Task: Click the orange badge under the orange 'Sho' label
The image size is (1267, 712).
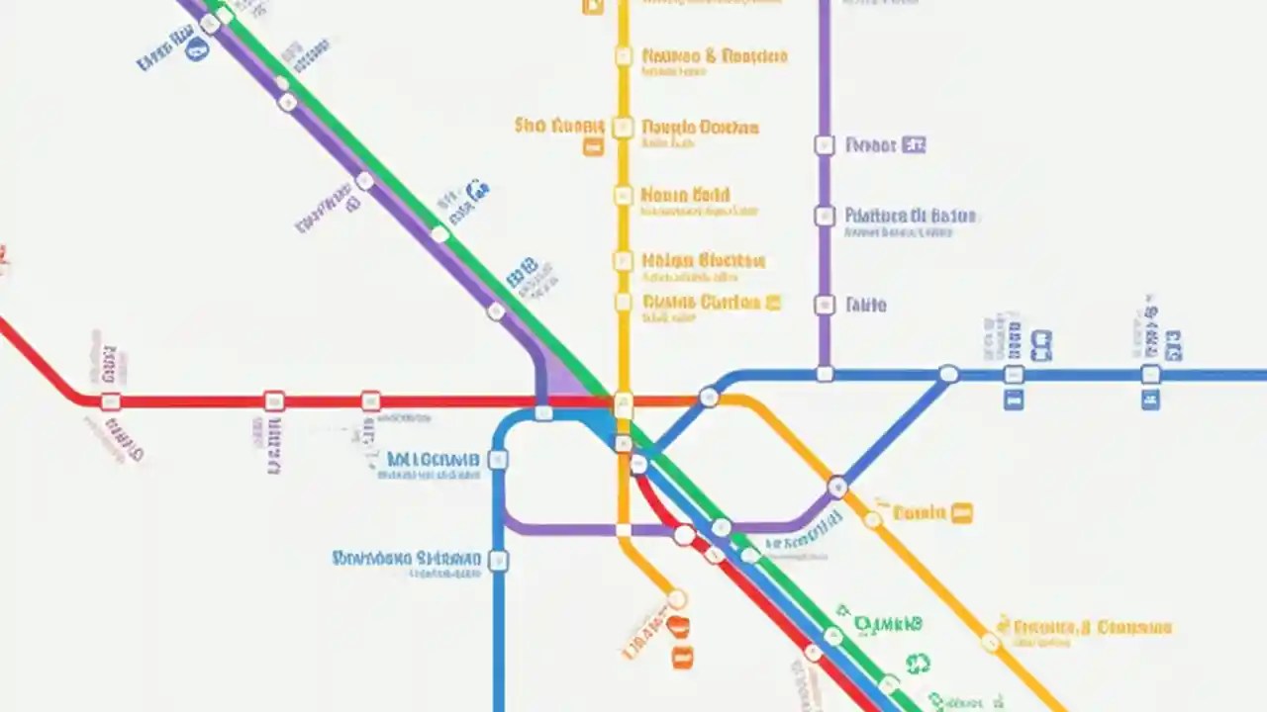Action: tap(593, 147)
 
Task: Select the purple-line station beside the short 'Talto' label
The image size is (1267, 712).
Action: tap(825, 305)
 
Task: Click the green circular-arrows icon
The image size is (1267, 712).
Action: tap(918, 664)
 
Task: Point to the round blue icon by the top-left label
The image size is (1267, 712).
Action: tap(197, 49)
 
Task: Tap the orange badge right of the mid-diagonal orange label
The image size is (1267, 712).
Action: tap(961, 512)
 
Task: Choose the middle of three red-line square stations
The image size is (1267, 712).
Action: tap(274, 400)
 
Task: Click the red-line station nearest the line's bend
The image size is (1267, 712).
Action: tap(111, 400)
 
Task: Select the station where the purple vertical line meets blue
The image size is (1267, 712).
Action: tap(825, 374)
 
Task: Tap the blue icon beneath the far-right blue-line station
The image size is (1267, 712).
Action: tap(1150, 400)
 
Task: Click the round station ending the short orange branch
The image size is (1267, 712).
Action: tap(677, 598)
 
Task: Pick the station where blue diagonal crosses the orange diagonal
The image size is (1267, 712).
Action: tap(837, 487)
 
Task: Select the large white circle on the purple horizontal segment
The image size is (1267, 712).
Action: tap(684, 535)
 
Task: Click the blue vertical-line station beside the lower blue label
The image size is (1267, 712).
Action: tap(499, 561)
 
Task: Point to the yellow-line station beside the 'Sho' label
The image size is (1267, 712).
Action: tap(623, 127)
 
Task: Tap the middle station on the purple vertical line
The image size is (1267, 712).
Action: tap(825, 216)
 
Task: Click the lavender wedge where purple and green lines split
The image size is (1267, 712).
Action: tap(564, 381)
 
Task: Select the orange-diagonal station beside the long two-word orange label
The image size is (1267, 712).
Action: tap(991, 642)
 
